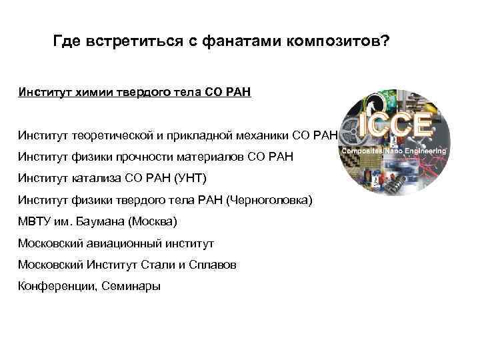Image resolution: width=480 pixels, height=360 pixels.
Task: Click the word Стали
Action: tap(157, 265)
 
